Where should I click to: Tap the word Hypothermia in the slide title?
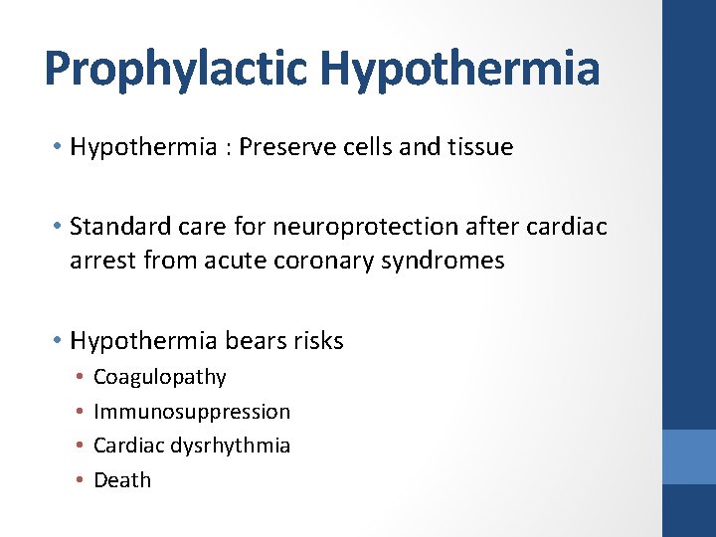tap(461, 69)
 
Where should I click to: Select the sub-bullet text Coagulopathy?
tap(159, 378)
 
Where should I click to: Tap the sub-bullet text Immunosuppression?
tap(192, 412)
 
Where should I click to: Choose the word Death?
tap(122, 480)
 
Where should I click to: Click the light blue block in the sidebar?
tap(688, 456)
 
